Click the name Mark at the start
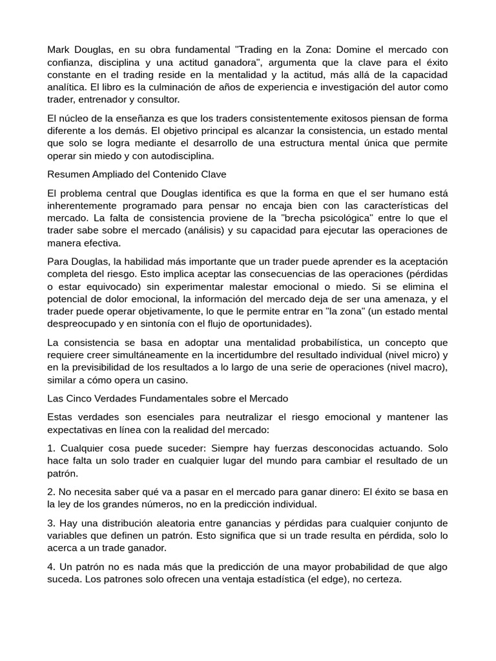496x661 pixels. point(59,50)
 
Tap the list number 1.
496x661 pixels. point(51,448)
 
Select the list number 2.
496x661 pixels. point(51,492)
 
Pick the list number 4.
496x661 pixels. point(51,567)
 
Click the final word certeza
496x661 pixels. point(382,579)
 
